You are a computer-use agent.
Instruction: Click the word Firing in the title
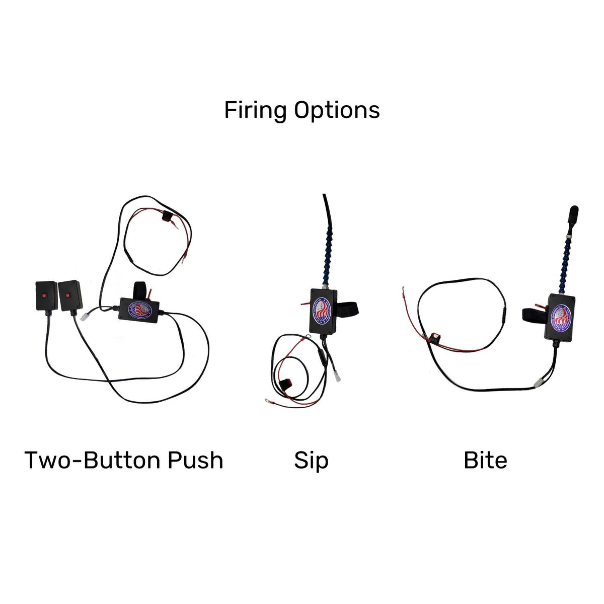click(x=256, y=110)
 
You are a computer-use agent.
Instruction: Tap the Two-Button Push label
click(x=124, y=460)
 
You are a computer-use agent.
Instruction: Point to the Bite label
click(x=485, y=460)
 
